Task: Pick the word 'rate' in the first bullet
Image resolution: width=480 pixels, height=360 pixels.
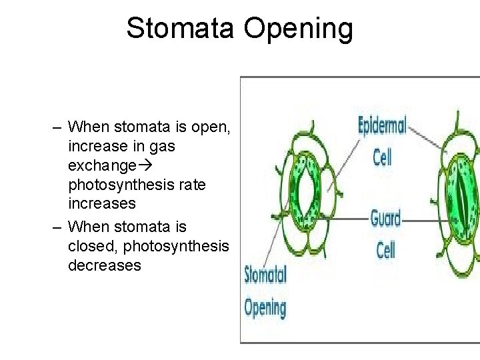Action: pyautogui.click(x=189, y=183)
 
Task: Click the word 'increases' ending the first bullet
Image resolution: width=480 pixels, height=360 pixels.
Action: pyautogui.click(x=101, y=203)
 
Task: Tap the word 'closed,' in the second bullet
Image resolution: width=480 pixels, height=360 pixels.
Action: pyautogui.click(x=89, y=246)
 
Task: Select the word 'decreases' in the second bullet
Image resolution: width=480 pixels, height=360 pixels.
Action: pyautogui.click(x=104, y=265)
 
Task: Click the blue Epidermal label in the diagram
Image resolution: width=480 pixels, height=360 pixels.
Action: pyautogui.click(x=383, y=125)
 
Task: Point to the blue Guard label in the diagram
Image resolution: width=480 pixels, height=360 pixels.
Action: pyautogui.click(x=385, y=218)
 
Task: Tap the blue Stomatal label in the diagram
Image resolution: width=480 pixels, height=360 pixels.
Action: pyautogui.click(x=265, y=275)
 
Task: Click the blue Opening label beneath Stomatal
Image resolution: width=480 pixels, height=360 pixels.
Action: pyautogui.click(x=265, y=307)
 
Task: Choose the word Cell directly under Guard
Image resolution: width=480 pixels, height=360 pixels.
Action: pyautogui.click(x=385, y=251)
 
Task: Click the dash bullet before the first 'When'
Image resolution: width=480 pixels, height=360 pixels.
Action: pyautogui.click(x=59, y=127)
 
